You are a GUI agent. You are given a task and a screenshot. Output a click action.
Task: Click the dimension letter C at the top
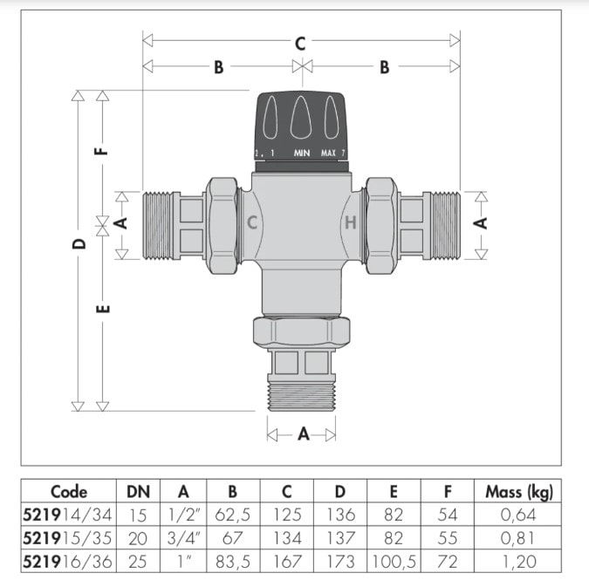point(299,42)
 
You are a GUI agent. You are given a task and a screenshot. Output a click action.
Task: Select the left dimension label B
point(218,67)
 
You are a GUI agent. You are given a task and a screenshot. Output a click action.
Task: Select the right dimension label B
point(384,67)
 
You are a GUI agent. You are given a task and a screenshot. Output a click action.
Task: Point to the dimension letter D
point(79,243)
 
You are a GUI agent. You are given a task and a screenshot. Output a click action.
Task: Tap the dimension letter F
point(103,149)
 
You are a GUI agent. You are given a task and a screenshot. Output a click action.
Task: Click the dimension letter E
point(103,309)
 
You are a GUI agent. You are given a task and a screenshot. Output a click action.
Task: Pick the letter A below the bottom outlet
point(303,433)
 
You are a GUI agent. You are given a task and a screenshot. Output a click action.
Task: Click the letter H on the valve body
point(350,222)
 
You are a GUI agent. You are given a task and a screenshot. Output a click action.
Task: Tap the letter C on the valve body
point(252,222)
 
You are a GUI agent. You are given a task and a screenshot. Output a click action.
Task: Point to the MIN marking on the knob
point(302,154)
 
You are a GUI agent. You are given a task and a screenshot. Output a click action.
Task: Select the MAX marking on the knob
point(329,154)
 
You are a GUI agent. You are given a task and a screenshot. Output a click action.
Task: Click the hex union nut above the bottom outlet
point(301,331)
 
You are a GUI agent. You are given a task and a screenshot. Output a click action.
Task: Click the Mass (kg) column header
point(518,492)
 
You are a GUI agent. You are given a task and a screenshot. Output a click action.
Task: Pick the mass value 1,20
point(518,560)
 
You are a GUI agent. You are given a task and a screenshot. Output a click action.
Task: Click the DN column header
point(138,492)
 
